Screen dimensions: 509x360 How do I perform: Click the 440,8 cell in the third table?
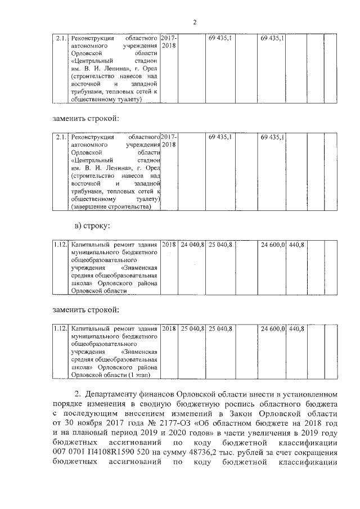coord(296,245)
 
